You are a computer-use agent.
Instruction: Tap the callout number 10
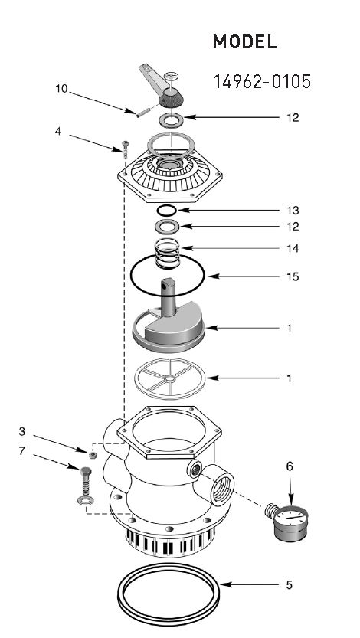point(62,89)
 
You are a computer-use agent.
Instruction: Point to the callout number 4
point(57,131)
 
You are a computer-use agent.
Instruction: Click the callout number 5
point(289,585)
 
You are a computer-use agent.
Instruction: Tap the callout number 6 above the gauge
point(289,465)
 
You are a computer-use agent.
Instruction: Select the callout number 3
point(21,432)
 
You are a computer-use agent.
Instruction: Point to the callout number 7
point(21,451)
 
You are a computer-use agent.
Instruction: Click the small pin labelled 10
point(139,113)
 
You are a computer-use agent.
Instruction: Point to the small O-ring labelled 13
point(168,210)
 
